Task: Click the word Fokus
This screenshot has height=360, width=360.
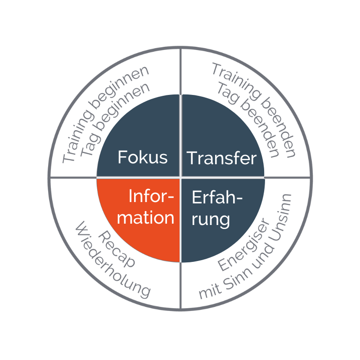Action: [x=143, y=157]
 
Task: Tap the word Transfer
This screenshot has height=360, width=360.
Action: [x=221, y=158]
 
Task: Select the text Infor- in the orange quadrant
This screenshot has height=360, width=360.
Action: [x=151, y=196]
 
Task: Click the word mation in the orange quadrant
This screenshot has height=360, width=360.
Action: [x=145, y=217]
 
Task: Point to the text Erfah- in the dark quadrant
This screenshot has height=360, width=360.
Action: [x=217, y=197]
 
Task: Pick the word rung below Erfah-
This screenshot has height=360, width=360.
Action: [x=211, y=220]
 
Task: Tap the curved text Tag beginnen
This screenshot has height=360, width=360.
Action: [x=115, y=119]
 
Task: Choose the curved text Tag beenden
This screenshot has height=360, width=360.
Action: [x=248, y=119]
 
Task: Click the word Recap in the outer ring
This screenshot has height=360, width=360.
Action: [x=117, y=249]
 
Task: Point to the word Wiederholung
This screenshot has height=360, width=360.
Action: [x=113, y=260]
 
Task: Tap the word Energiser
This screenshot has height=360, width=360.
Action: [x=244, y=244]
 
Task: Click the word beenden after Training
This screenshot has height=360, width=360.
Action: [x=279, y=129]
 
